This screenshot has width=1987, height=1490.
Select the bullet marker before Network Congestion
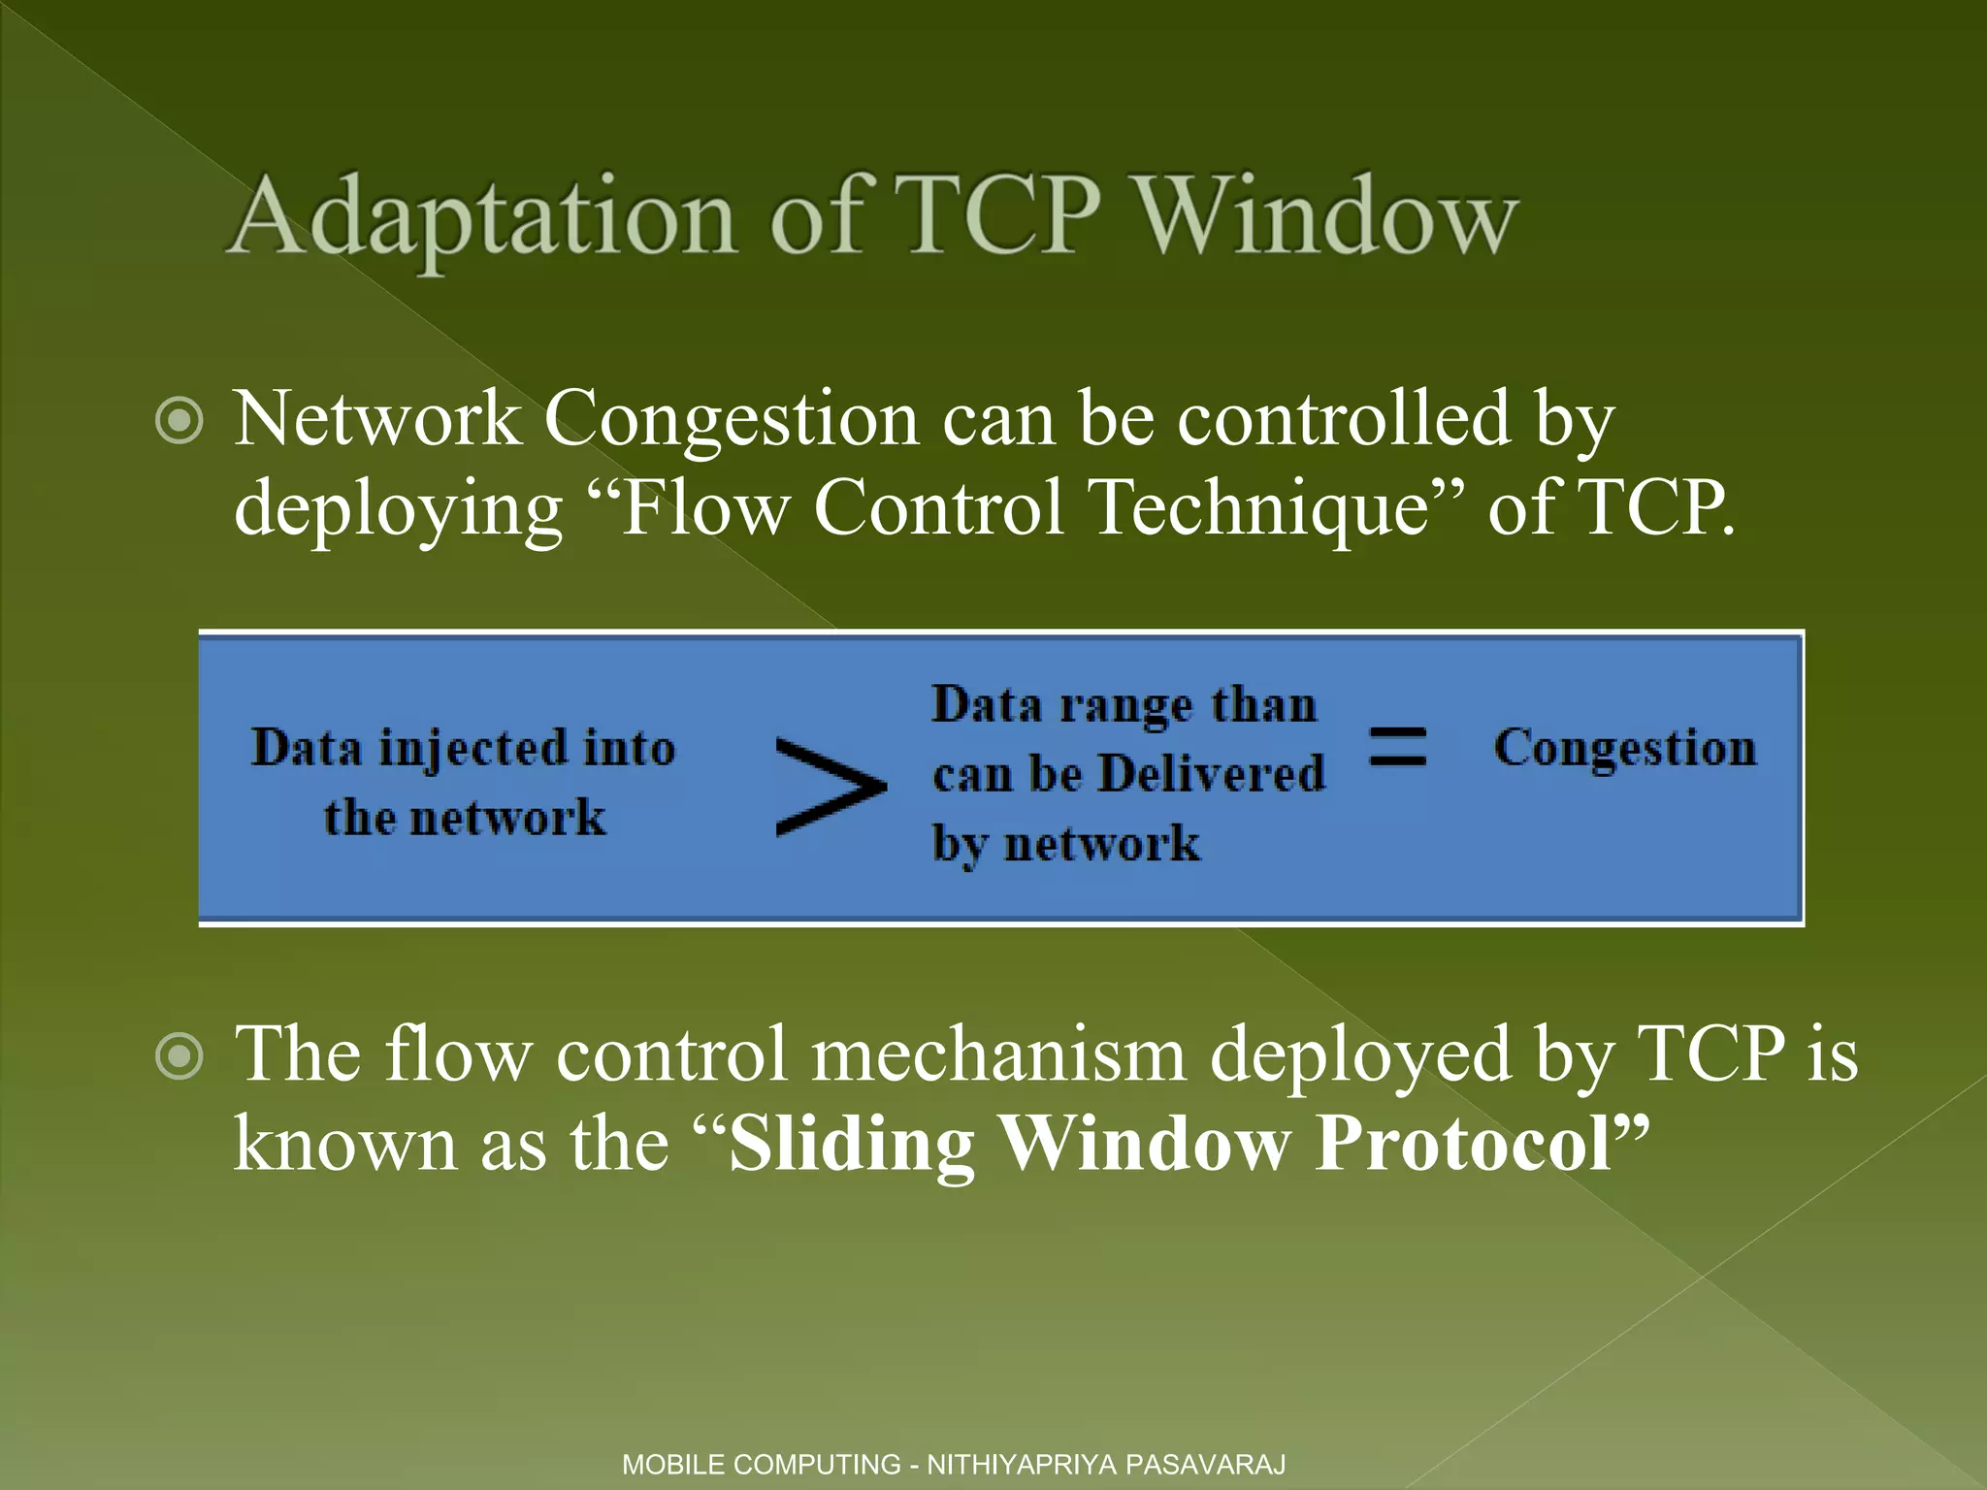pyautogui.click(x=179, y=422)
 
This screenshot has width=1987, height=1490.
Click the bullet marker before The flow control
pyautogui.click(x=179, y=1058)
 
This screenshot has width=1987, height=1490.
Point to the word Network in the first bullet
pyautogui.click(x=378, y=419)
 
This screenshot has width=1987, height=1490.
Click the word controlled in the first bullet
pyautogui.click(x=1344, y=419)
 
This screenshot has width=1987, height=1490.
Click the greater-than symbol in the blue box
pyautogui.click(x=831, y=786)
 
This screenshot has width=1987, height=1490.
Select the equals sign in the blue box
pyautogui.click(x=1397, y=747)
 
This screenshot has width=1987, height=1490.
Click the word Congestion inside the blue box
pyautogui.click(x=1625, y=748)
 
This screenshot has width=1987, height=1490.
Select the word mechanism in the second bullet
pyautogui.click(x=998, y=1054)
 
